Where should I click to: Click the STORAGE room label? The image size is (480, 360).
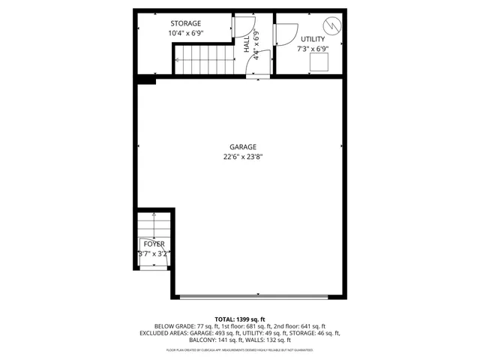185,23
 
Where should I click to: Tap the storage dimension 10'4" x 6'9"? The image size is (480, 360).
185,33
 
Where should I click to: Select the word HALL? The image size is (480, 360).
247,46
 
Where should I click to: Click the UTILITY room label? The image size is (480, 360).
313,39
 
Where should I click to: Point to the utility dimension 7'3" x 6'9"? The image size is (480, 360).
313,49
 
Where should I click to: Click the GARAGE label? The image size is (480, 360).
243,147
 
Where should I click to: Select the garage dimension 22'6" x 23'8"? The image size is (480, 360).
243,157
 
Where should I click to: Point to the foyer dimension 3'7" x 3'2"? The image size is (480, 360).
154,253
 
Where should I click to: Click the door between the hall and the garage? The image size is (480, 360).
257,73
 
